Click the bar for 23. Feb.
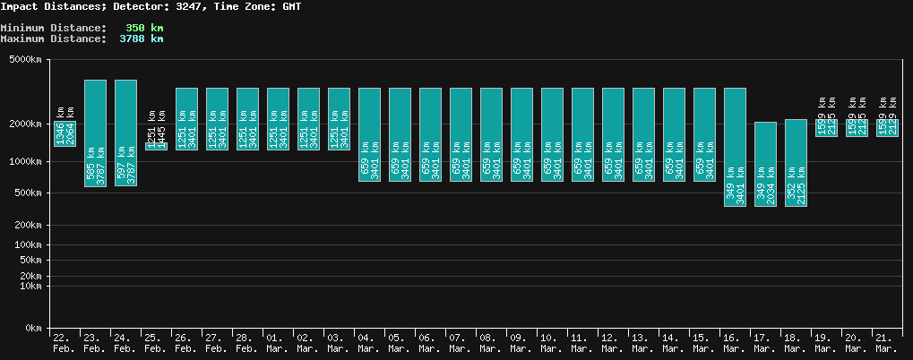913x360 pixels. point(95,133)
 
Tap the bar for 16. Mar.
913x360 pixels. point(735,147)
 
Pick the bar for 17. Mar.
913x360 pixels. point(765,164)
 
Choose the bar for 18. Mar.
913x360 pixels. point(796,162)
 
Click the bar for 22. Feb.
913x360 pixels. point(65,133)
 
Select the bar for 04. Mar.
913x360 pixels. point(369,134)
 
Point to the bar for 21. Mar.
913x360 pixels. point(887,128)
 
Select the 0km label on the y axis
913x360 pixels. point(32,329)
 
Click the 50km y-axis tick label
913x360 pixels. point(30,260)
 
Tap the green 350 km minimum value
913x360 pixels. point(144,28)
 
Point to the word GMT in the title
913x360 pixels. point(291,6)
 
